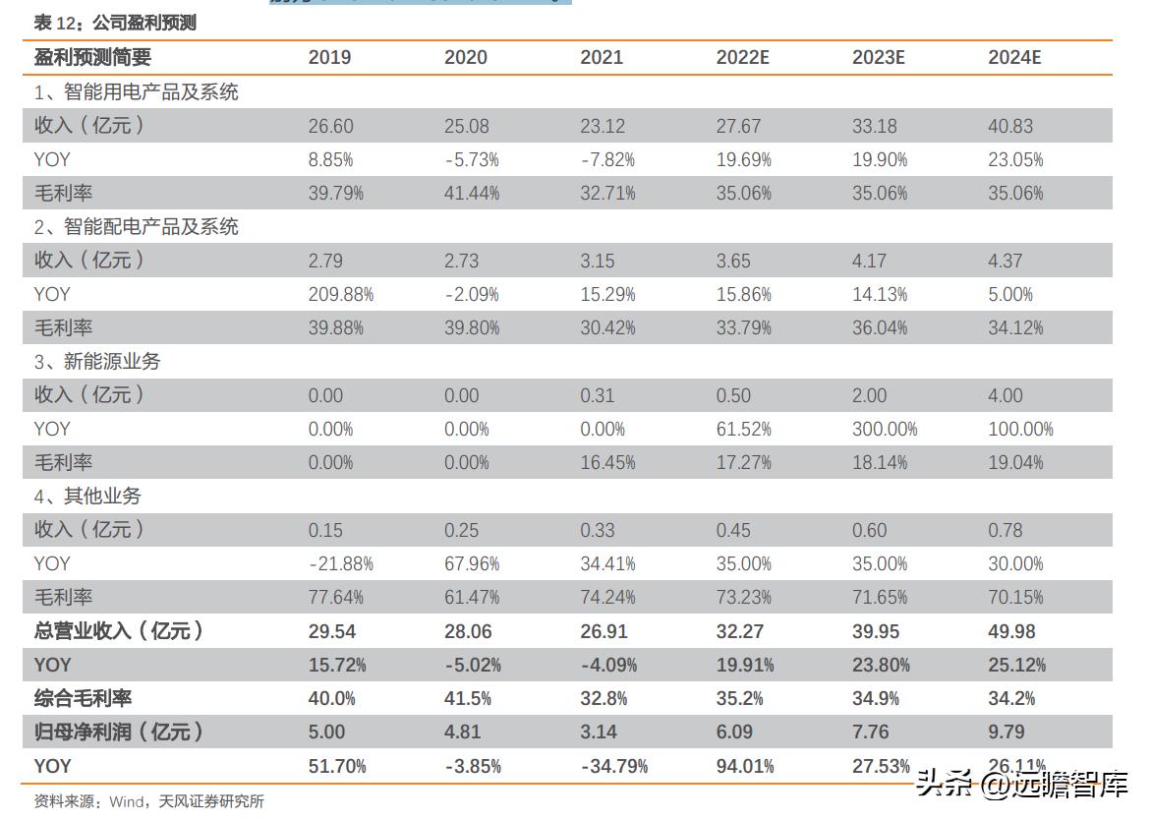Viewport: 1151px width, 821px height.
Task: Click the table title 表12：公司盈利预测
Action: pos(115,23)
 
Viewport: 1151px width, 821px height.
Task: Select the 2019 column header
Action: pos(329,57)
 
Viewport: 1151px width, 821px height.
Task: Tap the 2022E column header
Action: pos(742,57)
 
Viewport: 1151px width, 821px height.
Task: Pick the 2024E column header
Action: pos(1013,57)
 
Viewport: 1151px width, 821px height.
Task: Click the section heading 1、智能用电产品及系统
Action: pos(137,92)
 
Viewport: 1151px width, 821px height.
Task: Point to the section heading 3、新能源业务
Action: pos(97,362)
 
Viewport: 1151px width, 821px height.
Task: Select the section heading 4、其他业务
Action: pos(87,497)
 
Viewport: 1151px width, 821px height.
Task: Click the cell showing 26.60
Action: pos(330,126)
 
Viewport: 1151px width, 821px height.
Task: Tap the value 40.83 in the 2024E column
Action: pos(1010,126)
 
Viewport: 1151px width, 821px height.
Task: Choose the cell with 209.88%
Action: pos(340,294)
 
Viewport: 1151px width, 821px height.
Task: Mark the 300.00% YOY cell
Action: pos(885,429)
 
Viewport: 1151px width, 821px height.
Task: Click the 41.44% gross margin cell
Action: pos(471,194)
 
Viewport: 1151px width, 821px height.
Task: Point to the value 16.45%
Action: pos(607,463)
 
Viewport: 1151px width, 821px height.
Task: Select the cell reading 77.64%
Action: pos(335,598)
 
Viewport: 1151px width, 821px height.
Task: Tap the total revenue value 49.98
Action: pos(1011,631)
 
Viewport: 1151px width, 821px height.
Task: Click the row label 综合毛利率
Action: pos(83,699)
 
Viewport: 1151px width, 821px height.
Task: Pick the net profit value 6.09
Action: pos(734,733)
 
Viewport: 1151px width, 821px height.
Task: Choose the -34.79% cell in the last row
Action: pos(613,766)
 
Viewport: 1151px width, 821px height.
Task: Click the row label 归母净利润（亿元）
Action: pos(119,733)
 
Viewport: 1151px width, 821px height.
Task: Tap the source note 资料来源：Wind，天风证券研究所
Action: pos(148,801)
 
